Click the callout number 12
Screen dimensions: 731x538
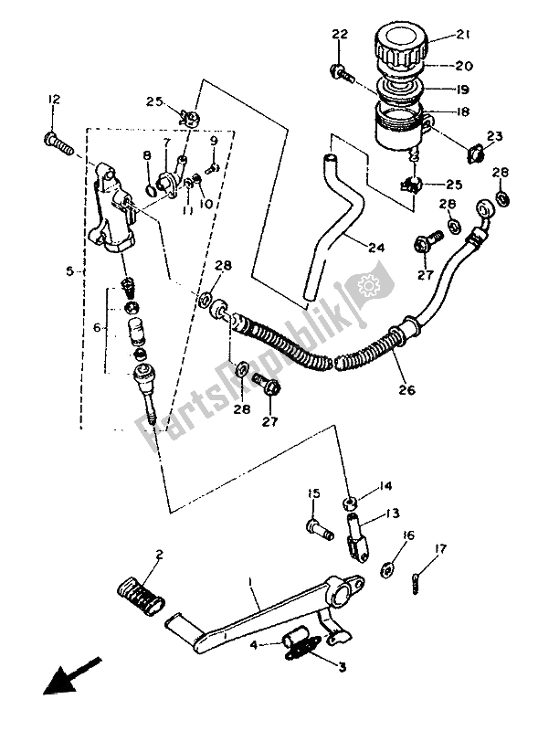(x=53, y=100)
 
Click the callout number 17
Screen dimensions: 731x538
(x=441, y=548)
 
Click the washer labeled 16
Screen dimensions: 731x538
(x=388, y=570)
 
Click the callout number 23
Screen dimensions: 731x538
(x=495, y=137)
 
